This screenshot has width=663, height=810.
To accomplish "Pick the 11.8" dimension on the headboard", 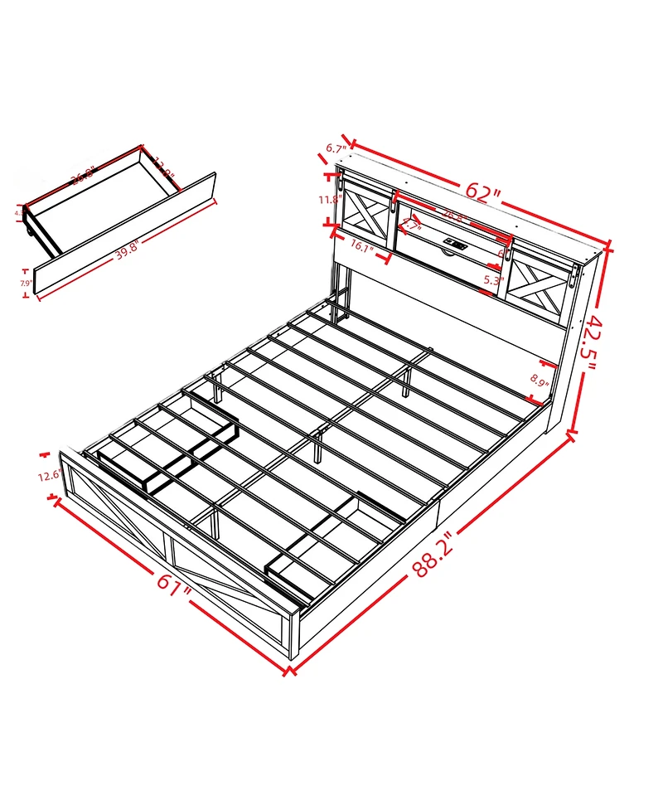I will [x=330, y=199].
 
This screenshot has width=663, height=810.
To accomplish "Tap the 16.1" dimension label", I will [x=365, y=245].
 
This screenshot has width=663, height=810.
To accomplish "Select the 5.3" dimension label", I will [x=493, y=280].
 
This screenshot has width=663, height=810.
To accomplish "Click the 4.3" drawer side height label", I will [x=19, y=214].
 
